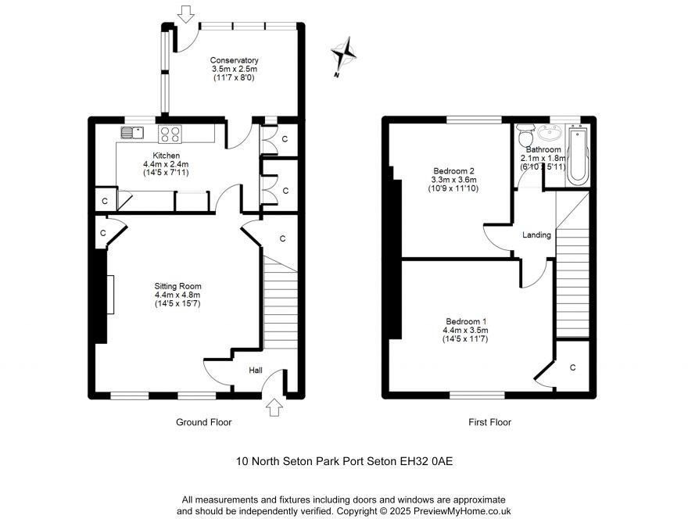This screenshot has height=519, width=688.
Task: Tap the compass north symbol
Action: (343, 55)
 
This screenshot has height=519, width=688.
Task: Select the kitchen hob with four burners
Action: (170, 134)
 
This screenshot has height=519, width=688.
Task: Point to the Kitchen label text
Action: (166, 156)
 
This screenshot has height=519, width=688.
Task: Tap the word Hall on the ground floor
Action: (256, 370)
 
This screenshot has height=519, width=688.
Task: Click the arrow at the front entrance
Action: (273, 407)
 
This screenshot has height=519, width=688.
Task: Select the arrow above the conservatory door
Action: (185, 13)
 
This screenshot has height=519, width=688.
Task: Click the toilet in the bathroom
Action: (525, 132)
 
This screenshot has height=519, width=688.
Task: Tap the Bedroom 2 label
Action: (453, 170)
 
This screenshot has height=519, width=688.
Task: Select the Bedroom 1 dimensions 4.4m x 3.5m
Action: (466, 331)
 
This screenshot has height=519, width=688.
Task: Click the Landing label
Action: (536, 234)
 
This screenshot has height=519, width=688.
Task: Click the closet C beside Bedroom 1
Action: (572, 367)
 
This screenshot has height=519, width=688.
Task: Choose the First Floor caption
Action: (489, 422)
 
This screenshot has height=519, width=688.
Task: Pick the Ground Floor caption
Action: (203, 422)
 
